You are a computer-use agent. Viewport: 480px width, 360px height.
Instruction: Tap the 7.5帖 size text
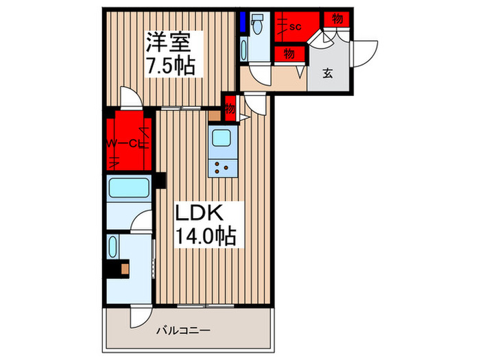(x=169, y=67)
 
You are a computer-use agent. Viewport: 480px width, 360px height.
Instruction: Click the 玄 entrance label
(x=328, y=73)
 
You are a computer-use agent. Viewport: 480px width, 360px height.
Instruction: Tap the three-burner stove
(x=222, y=167)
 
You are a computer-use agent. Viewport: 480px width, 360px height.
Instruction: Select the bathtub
(x=130, y=187)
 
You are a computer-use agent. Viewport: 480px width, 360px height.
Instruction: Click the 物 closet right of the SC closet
(x=337, y=19)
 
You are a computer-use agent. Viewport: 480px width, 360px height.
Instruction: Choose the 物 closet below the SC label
(x=289, y=52)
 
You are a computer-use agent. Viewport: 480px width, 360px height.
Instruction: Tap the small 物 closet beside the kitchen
(x=230, y=107)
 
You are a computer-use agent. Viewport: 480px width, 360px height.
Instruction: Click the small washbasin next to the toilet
(x=245, y=51)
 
